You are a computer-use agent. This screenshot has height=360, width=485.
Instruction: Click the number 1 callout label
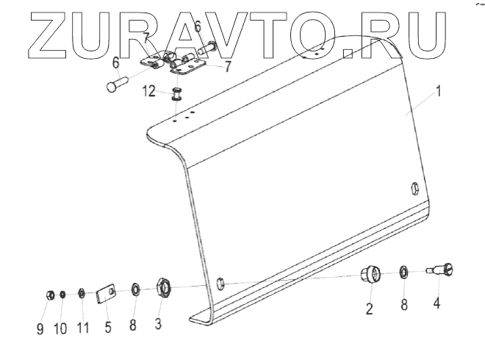[x=438, y=93]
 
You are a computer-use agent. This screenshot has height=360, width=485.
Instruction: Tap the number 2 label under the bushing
[x=369, y=309]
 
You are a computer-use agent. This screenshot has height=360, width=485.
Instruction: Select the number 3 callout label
[x=158, y=323]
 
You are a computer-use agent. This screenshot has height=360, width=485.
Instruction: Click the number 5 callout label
[x=108, y=327]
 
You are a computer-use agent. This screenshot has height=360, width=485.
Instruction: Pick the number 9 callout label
[x=40, y=328]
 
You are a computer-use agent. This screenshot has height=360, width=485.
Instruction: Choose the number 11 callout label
[x=82, y=328]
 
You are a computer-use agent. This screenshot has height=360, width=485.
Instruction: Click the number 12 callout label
[x=148, y=91]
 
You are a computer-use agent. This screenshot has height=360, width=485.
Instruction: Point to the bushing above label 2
[x=370, y=276]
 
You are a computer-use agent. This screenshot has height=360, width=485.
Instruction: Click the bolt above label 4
[x=443, y=269]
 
